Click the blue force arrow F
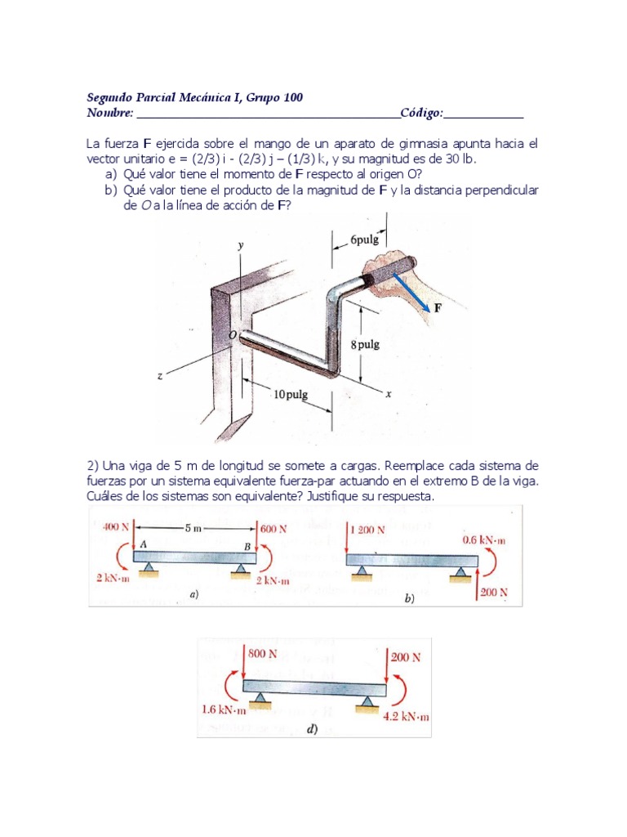pos(412,292)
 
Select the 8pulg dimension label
pos(365,344)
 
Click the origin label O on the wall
pos(233,335)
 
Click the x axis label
pos(388,393)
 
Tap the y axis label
pos(240,245)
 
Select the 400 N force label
pos(114,527)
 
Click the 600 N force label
pos(274,528)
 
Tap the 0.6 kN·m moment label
pos(484,540)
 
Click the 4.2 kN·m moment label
pos(406,717)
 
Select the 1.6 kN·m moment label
pos(224,709)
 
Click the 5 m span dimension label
pos(193,528)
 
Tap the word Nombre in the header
pos(109,113)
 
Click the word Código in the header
pos(420,113)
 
